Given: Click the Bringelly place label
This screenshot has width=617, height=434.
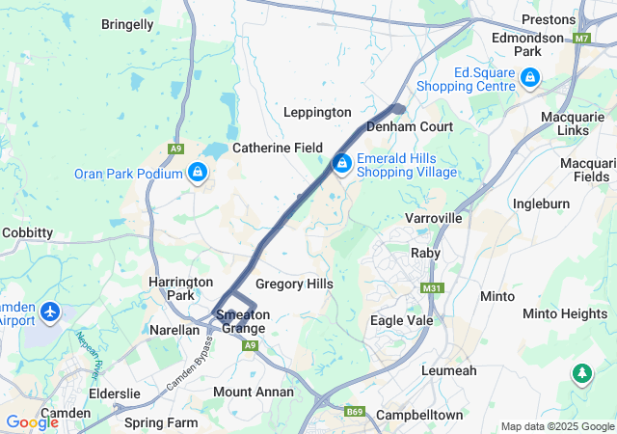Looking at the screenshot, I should click(127, 24).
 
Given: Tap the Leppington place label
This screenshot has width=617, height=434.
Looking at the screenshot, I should click(317, 113).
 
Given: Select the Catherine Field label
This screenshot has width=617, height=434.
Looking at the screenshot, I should click(278, 148).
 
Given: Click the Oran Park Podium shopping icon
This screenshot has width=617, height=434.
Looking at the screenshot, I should click(198, 173).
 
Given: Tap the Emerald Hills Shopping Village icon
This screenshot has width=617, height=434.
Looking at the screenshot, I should click(340, 165).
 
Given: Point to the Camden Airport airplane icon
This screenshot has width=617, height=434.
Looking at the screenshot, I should click(50, 312).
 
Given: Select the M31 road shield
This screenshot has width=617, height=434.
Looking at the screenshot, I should click(430, 288).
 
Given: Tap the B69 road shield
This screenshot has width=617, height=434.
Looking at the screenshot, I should click(356, 412).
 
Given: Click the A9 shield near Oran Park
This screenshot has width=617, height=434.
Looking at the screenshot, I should click(175, 149).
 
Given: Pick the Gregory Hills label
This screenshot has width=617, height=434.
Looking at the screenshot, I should click(294, 284).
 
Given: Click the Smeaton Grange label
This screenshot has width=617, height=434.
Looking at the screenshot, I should click(242, 322).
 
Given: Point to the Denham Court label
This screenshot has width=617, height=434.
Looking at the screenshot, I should click(409, 126).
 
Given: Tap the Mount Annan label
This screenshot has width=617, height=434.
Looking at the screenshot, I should click(253, 392).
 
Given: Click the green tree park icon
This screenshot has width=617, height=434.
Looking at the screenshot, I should click(582, 372).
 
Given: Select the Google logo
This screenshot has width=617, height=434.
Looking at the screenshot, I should click(32, 421).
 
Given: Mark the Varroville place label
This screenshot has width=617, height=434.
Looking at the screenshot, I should click(434, 218).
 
